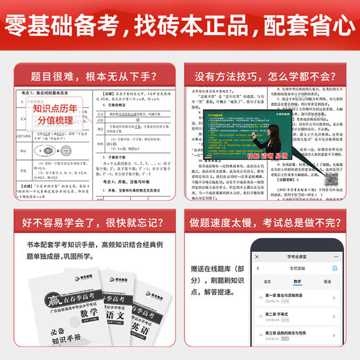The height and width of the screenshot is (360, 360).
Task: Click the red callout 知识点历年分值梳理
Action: point(52,114)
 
